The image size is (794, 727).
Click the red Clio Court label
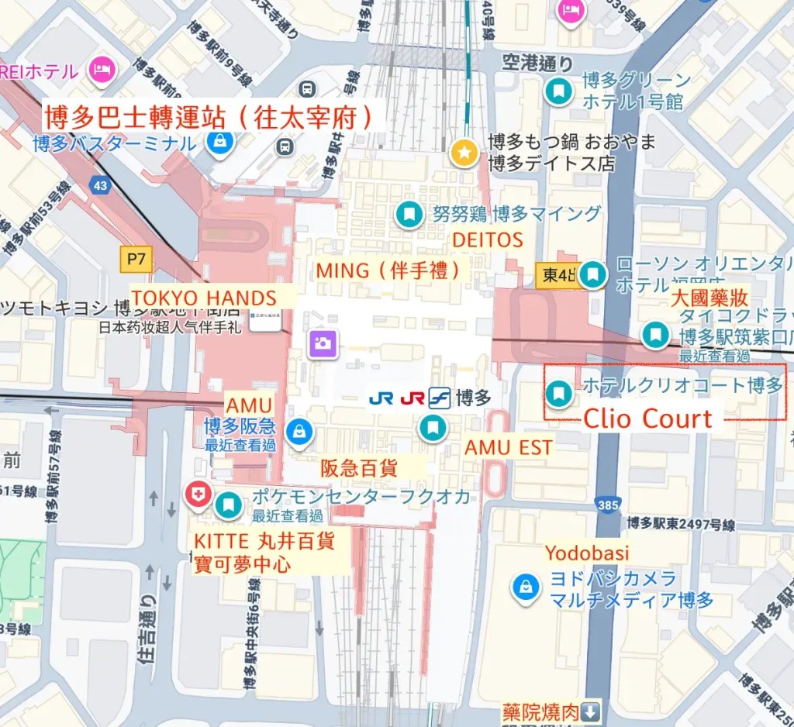(647, 419)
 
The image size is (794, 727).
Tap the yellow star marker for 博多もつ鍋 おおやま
(464, 153)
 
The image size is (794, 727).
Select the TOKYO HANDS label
(204, 298)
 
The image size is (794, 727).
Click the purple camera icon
(320, 342)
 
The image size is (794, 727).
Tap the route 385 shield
(608, 505)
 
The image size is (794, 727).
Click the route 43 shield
(100, 185)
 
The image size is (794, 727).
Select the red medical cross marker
(196, 494)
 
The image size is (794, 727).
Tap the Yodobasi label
(586, 553)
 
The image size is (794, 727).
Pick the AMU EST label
(508, 447)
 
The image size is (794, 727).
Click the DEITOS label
(487, 240)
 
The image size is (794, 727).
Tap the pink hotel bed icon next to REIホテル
(101, 71)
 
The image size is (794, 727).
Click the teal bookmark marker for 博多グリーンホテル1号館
(558, 91)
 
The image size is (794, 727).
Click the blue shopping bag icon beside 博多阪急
(299, 432)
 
